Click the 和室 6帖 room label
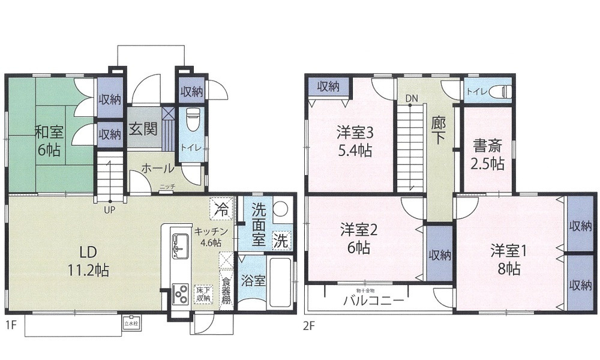pyautogui.click(x=49, y=140)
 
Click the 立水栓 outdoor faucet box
pyautogui.click(x=130, y=322)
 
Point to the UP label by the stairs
pyautogui.click(x=110, y=210)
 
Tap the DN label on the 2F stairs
pyautogui.click(x=411, y=98)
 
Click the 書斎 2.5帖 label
pyautogui.click(x=488, y=155)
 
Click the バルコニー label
pyautogui.click(x=373, y=301)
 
